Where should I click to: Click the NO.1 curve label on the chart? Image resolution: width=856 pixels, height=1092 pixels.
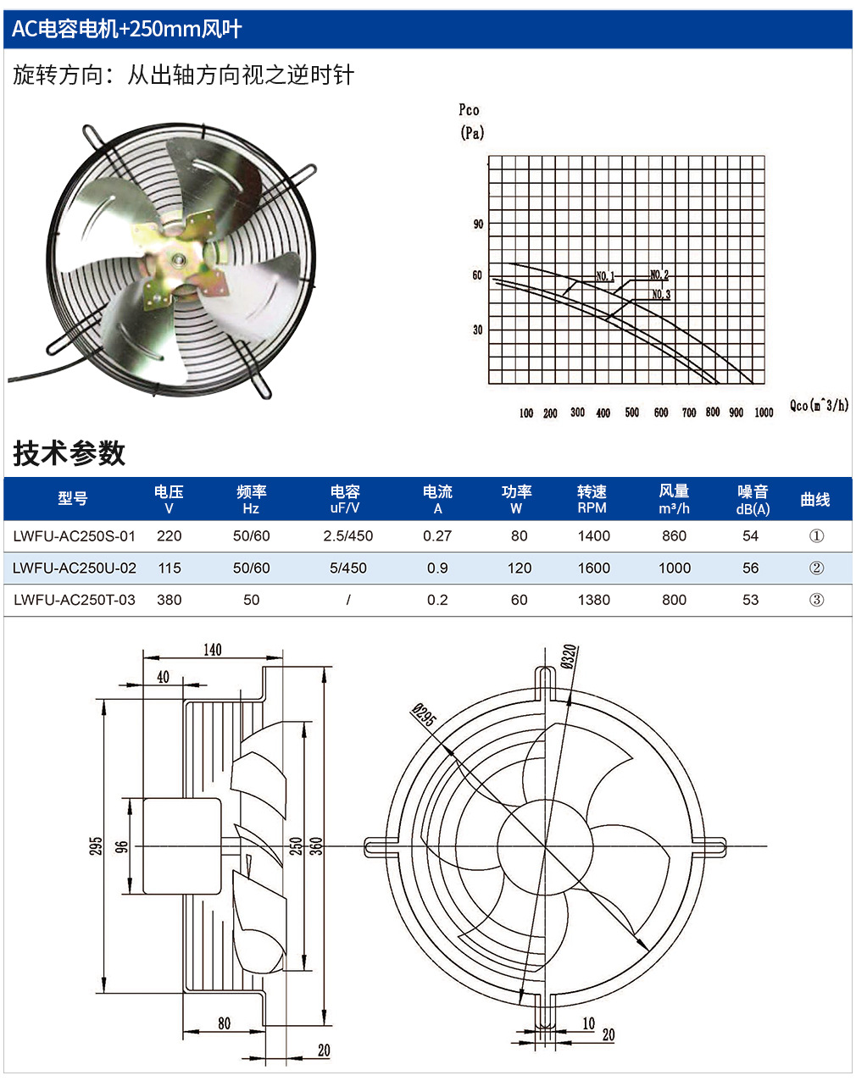coord(605,276)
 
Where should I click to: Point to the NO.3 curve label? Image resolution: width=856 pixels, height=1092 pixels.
coord(661,294)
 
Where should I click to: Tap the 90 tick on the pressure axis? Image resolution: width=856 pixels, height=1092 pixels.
coord(478,224)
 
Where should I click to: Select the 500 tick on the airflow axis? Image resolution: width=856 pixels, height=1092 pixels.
coord(631,413)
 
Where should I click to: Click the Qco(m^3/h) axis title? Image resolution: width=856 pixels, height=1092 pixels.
coord(819,405)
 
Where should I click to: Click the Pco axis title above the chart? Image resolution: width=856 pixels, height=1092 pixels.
coord(469,109)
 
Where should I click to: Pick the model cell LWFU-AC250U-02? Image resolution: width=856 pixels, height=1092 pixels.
coord(75,568)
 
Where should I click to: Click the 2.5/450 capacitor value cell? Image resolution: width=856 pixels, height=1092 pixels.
coord(347,535)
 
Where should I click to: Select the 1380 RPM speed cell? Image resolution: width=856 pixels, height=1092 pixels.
coord(593,600)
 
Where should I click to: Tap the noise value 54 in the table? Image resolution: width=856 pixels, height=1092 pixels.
coord(750,535)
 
